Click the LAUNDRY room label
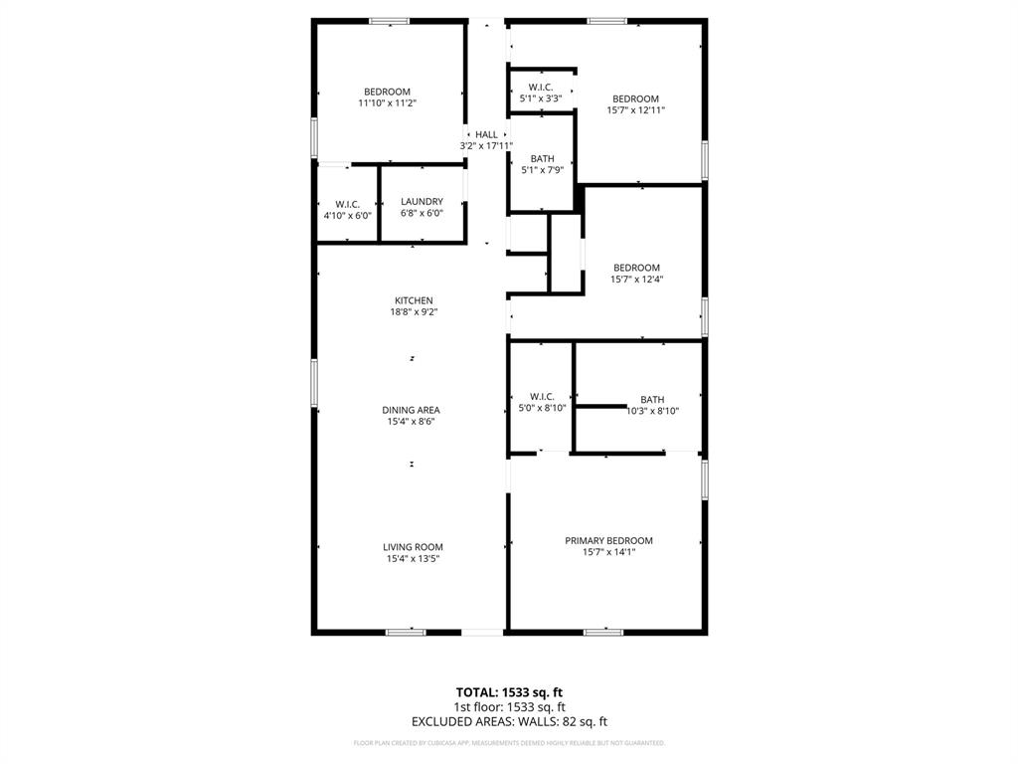tap(422, 202)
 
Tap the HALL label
tap(486, 134)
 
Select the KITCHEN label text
tap(414, 300)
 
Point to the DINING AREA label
tap(411, 410)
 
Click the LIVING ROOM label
tap(413, 547)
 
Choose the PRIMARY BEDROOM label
tap(608, 541)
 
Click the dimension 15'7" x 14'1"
tap(608, 553)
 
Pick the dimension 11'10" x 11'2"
tap(387, 103)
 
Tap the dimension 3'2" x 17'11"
tap(486, 146)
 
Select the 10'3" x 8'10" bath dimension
tap(652, 411)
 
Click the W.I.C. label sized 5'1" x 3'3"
tap(541, 88)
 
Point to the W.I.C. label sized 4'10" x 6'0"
tap(347, 204)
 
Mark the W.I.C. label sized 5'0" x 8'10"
tap(542, 397)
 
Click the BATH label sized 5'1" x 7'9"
tap(542, 159)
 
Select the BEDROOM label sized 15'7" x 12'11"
tap(635, 98)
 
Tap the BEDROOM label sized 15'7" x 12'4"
tap(636, 268)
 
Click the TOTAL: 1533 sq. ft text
tap(509, 692)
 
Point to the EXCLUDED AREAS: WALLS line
tap(509, 722)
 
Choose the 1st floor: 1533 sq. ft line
tap(509, 707)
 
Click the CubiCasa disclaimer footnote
tap(509, 743)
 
